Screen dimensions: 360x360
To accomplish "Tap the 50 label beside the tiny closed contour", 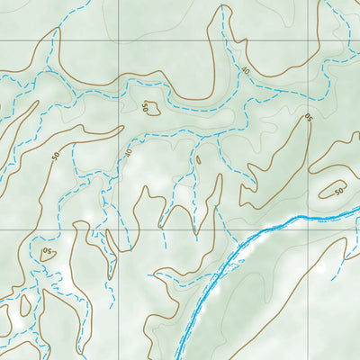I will pos(144,106).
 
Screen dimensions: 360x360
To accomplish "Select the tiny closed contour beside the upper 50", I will pos(154,110).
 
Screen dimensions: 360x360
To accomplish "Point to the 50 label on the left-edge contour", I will pos(56,156).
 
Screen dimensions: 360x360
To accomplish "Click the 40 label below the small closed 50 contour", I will pos(128,153).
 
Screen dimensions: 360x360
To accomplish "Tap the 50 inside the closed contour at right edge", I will pos(338,190).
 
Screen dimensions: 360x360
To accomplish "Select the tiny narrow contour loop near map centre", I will pos(198,162).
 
